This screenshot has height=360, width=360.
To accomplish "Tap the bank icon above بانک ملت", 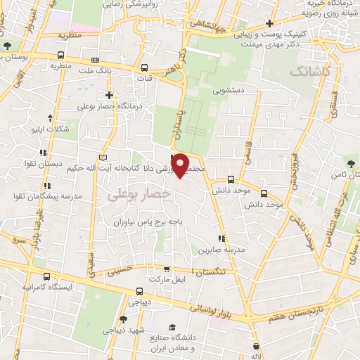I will click(x=96, y=60).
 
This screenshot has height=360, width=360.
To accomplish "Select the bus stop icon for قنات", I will click(x=144, y=68).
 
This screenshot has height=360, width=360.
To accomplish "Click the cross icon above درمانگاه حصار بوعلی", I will click(x=109, y=95).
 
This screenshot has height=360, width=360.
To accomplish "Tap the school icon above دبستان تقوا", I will click(x=44, y=152).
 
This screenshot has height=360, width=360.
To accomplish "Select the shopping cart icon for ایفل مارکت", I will click(x=167, y=269).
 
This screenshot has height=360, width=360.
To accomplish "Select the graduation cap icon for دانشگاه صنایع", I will click(x=172, y=327).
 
